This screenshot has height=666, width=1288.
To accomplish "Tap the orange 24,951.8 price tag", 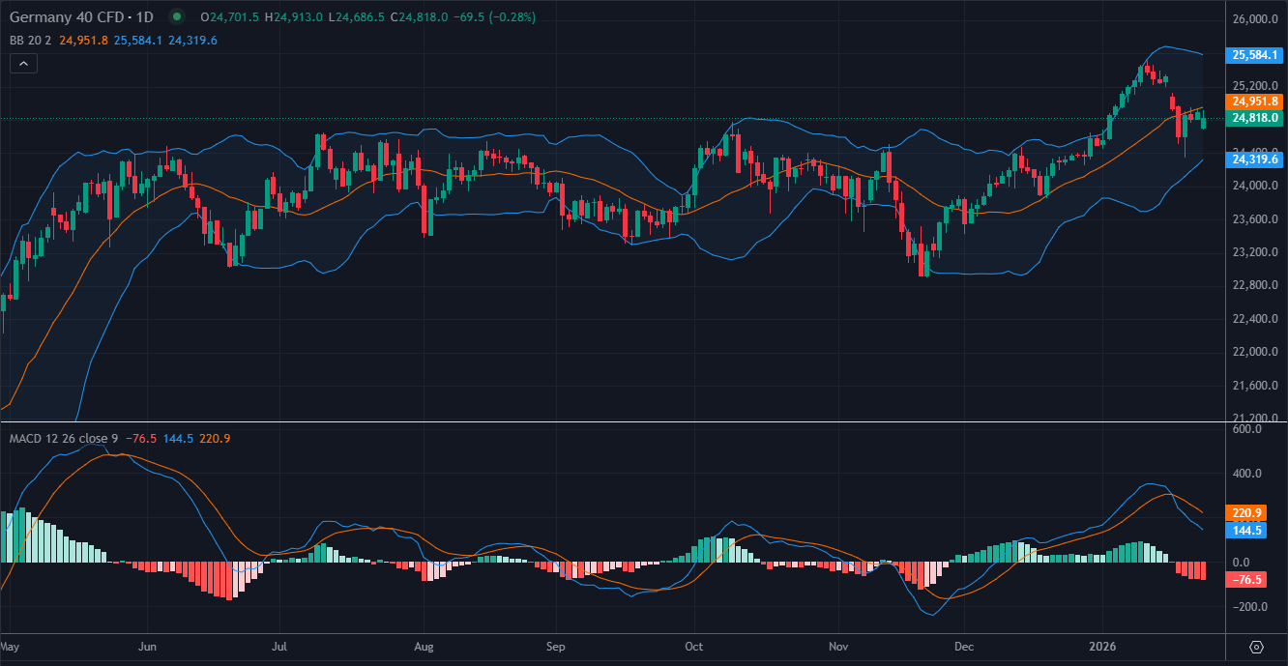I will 1253,101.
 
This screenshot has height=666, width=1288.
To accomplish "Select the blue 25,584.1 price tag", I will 1253,56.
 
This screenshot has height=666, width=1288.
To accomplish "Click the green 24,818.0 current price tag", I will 1253,118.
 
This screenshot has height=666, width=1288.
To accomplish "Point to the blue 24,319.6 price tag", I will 1253,159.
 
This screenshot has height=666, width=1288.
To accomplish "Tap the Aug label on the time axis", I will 424,646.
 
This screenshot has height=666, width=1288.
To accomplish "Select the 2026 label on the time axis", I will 1102,646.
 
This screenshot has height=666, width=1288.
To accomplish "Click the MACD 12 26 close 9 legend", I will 63,439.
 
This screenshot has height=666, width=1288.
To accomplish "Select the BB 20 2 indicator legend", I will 30,41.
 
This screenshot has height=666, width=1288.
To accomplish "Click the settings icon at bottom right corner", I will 1257,647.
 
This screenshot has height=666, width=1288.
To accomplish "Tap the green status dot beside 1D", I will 176,16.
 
